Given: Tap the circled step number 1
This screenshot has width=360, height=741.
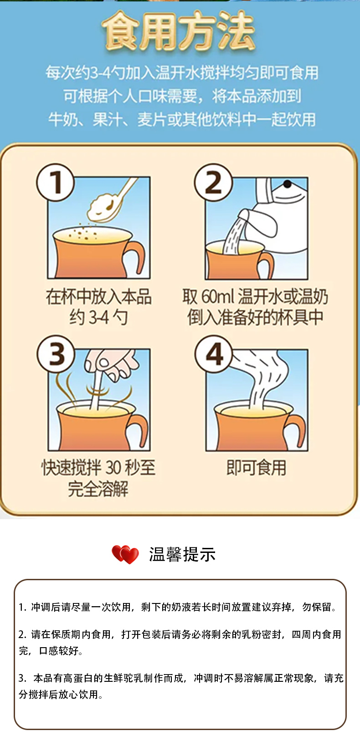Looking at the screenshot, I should (56, 183).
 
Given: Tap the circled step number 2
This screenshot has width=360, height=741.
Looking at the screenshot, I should (213, 183).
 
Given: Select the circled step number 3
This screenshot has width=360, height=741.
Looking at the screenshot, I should (56, 354).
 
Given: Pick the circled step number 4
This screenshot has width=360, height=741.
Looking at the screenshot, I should (214, 354).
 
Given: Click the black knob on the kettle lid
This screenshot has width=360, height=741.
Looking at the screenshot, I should (287, 184).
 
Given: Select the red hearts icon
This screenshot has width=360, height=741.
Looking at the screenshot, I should (125, 554).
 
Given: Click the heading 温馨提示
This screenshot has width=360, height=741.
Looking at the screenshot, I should (182, 554).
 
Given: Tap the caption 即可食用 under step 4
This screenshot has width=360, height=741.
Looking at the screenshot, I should (256, 468).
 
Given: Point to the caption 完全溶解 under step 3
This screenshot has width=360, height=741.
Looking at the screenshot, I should (98, 489).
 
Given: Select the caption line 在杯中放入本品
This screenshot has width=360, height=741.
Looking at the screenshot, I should (98, 297).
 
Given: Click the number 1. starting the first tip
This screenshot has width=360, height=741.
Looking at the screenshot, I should (22, 608).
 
